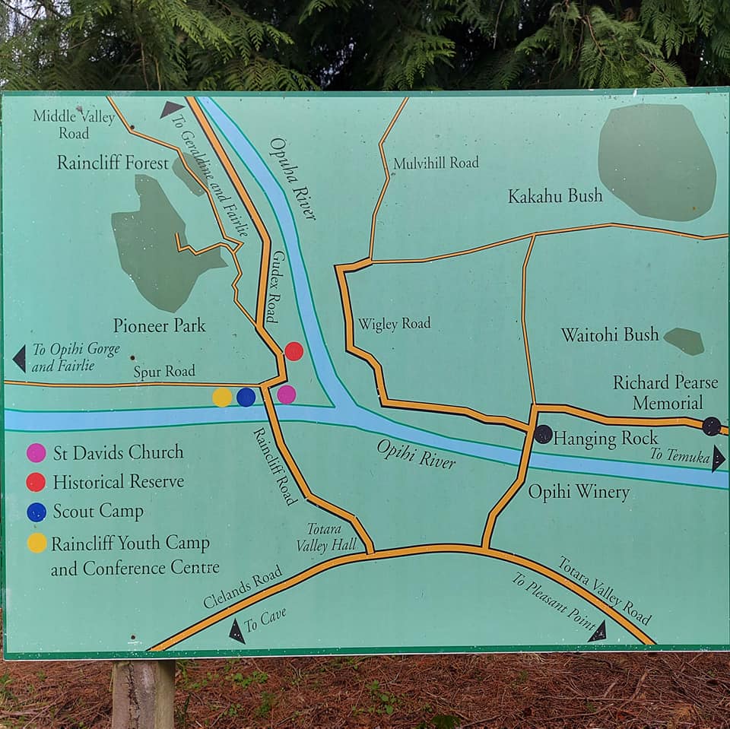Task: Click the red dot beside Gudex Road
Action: (294, 351)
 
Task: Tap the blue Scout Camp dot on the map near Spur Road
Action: (246, 397)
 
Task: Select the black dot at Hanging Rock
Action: (543, 434)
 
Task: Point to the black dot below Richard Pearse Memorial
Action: (711, 426)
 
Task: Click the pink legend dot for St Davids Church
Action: (36, 453)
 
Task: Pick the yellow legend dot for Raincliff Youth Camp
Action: (36, 543)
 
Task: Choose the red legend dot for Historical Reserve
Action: (36, 482)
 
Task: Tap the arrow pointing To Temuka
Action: (718, 458)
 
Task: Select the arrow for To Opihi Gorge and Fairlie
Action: (20, 358)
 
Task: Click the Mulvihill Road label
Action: (436, 163)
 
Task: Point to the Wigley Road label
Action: (394, 324)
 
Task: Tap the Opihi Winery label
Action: (579, 493)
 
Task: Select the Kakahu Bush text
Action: (555, 196)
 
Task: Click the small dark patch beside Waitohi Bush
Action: (684, 341)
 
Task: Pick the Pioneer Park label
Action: (160, 325)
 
